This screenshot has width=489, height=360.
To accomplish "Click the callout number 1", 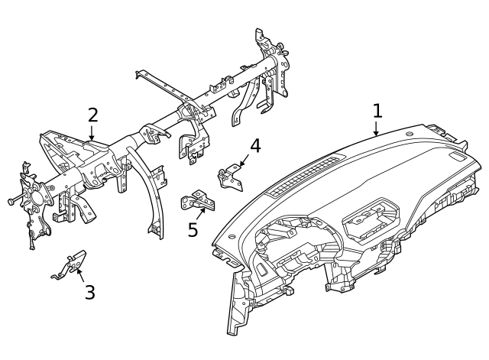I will tap(377, 112).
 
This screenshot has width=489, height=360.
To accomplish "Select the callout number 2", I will tap(92, 115).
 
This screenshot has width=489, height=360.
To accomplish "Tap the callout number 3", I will tap(89, 292).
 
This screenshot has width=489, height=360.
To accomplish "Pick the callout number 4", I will tap(254, 145).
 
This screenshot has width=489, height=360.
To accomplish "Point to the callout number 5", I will tap(193, 229).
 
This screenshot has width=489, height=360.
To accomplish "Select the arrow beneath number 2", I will tap(92, 135).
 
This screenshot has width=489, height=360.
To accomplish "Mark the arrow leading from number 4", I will tap(242, 161).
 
